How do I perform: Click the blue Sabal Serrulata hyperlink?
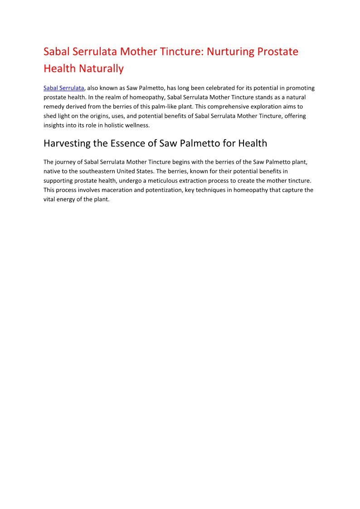tap(63, 88)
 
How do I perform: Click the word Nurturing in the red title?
tap(231, 52)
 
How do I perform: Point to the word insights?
tap(54, 125)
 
